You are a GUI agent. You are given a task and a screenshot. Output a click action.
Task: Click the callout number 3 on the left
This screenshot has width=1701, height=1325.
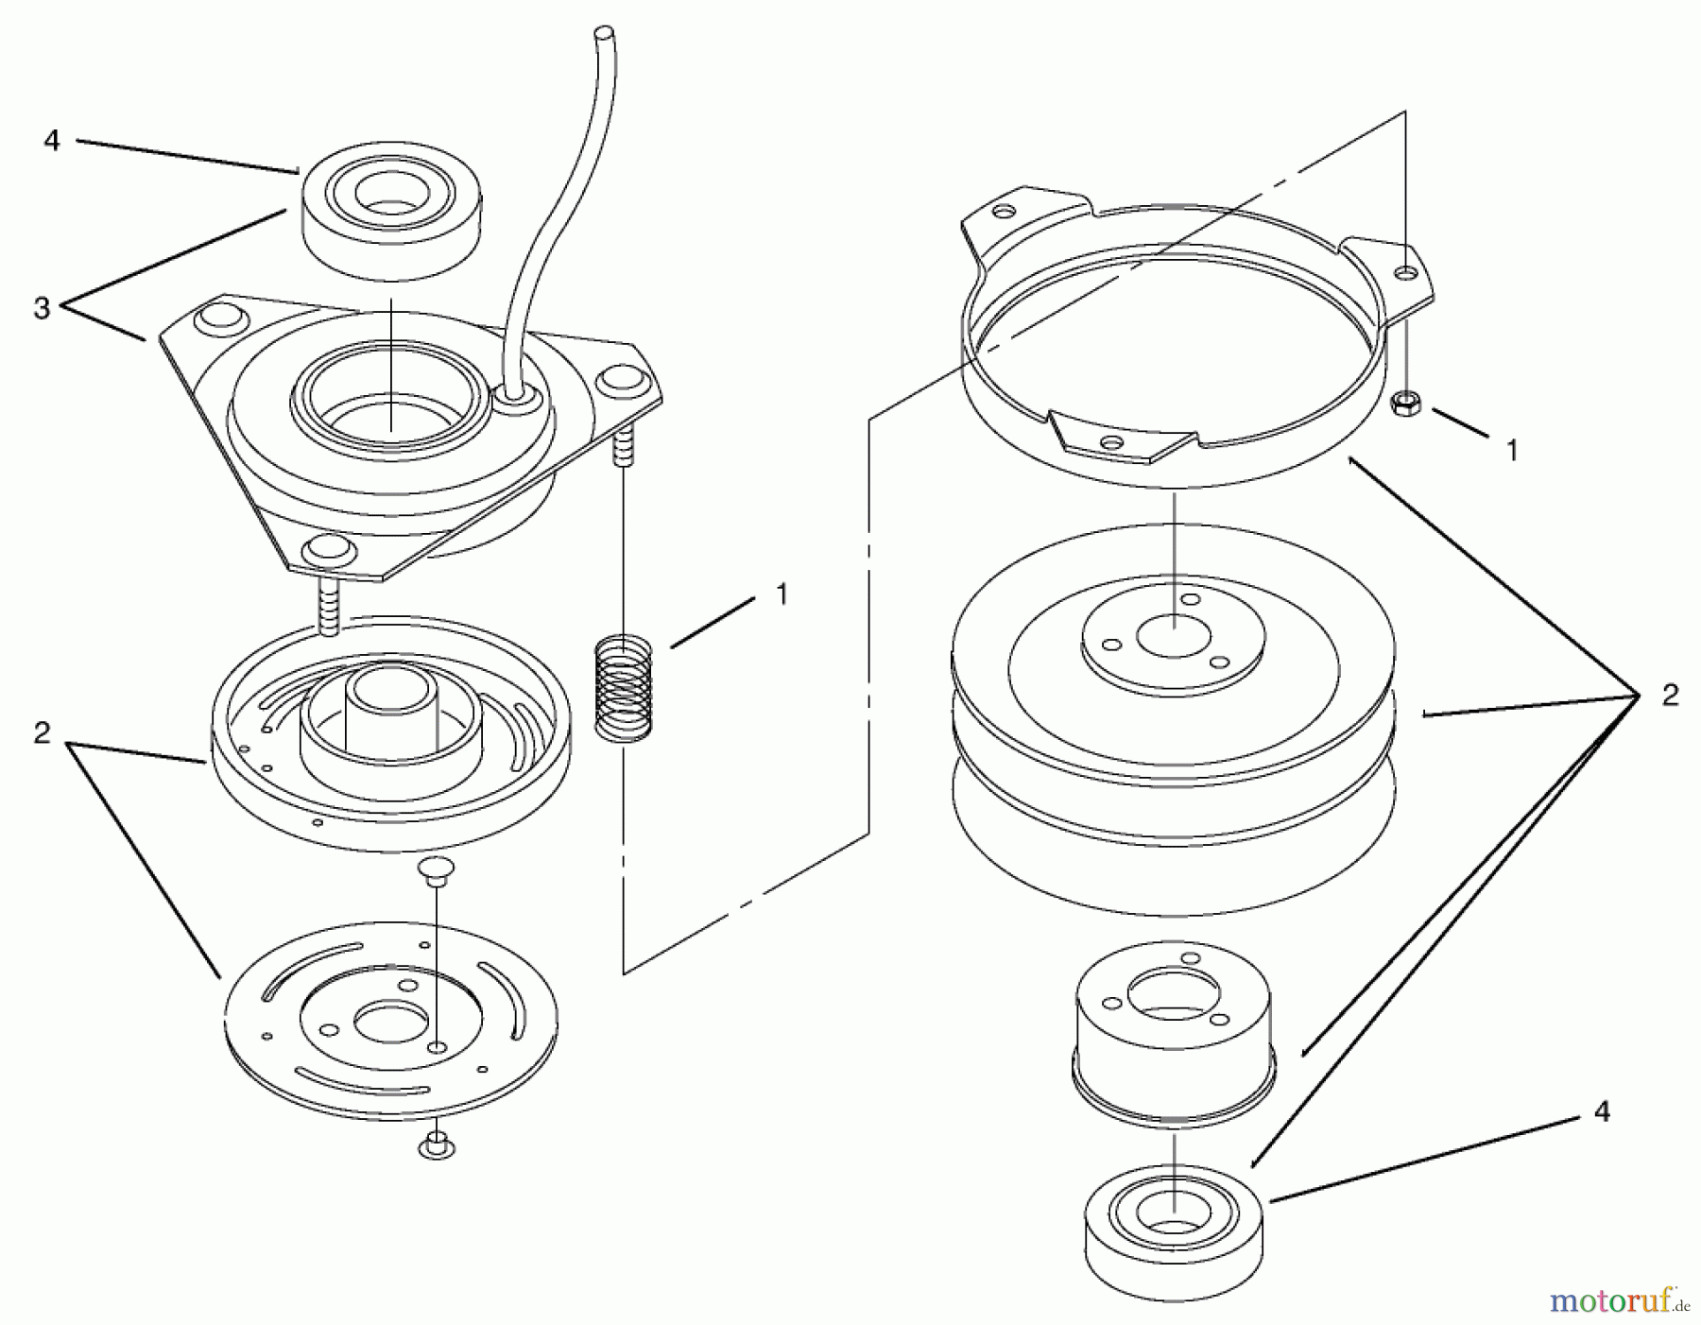coord(42,308)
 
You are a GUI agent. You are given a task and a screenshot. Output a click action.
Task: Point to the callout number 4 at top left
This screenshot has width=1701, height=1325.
coord(52,140)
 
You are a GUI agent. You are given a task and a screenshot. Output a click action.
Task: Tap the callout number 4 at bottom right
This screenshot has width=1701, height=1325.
coord(1602,1111)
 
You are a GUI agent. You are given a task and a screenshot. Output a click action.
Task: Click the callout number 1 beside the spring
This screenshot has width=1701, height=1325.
coord(782,594)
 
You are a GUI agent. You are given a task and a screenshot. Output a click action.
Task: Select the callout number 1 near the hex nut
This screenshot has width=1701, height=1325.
coord(1511,450)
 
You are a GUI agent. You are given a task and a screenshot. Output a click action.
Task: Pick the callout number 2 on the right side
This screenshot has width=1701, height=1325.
coord(1670,696)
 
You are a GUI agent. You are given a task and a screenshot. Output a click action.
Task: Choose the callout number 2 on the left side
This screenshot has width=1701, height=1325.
coord(42,732)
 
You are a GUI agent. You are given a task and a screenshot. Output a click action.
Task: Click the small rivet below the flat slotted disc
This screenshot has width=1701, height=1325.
coord(434,1144)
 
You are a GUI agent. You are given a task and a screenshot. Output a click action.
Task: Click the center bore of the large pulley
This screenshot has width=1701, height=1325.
coord(1174,635)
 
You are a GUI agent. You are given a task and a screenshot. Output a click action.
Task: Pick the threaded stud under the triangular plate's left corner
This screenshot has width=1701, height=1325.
coord(329,607)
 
